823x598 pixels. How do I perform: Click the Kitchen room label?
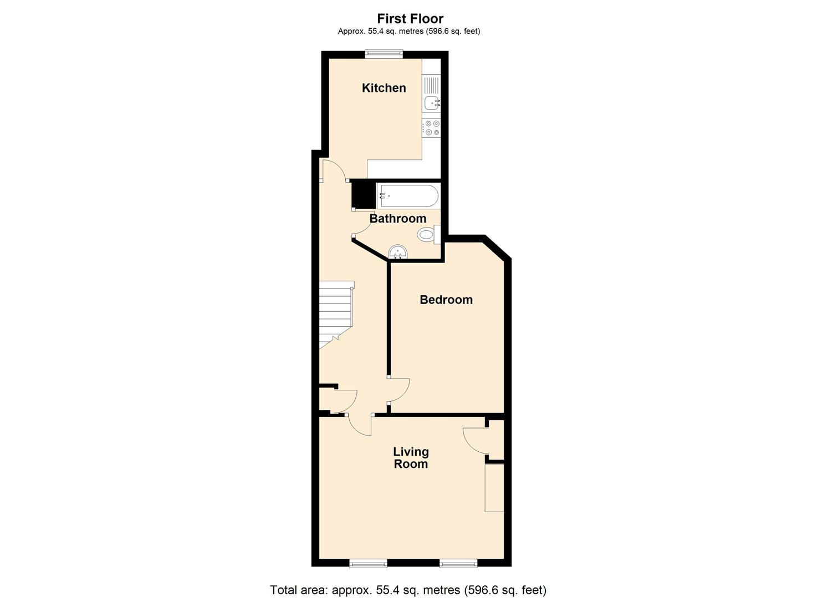tap(384, 88)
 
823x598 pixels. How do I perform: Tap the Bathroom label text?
tap(397, 219)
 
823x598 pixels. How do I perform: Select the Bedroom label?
tap(446, 300)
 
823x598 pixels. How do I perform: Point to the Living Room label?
tap(411, 458)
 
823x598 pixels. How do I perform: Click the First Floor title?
tap(410, 19)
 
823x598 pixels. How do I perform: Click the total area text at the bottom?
tap(408, 590)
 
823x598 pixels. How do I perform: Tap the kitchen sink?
tap(431, 103)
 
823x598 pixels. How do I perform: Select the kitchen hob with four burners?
tap(431, 128)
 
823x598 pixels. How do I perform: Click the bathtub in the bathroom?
tap(408, 196)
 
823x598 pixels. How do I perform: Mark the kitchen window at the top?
tap(384, 54)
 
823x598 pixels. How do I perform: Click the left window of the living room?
tap(368, 564)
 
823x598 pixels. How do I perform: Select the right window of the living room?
tap(458, 564)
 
